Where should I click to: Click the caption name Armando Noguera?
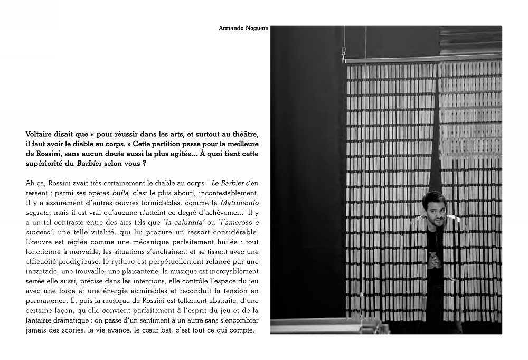coord(243,28)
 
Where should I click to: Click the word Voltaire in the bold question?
coord(41,135)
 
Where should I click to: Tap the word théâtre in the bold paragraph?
coord(247,135)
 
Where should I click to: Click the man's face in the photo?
coord(435,209)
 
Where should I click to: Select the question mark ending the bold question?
coord(144,163)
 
